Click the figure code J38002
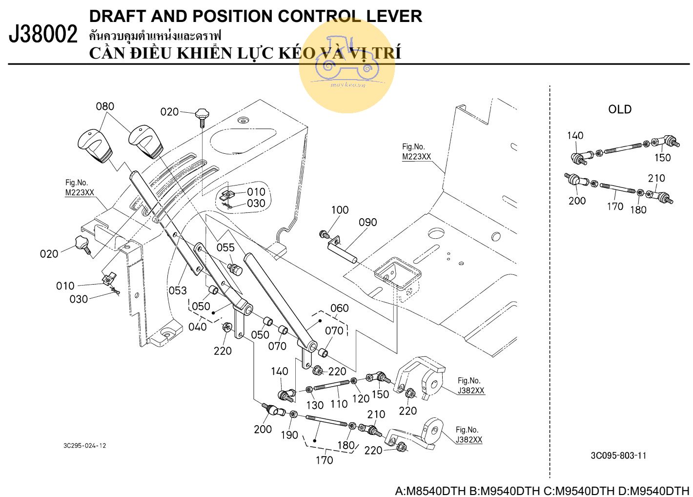tap(43, 35)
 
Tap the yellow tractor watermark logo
tap(347, 65)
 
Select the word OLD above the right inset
tap(619, 109)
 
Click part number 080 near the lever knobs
tap(105, 106)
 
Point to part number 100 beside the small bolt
tap(340, 210)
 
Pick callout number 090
tap(367, 223)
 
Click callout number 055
tap(225, 248)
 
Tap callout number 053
tap(178, 290)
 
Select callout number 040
tap(198, 326)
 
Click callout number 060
tap(339, 308)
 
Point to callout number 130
tap(315, 405)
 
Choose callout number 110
tap(339, 404)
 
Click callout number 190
tap(289, 435)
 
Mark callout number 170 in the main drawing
tap(325, 460)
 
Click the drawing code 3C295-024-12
tap(84, 445)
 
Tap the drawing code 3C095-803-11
tap(618, 456)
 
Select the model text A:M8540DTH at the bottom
tap(430, 491)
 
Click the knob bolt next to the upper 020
tap(201, 116)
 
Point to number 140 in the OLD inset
tap(575, 135)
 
